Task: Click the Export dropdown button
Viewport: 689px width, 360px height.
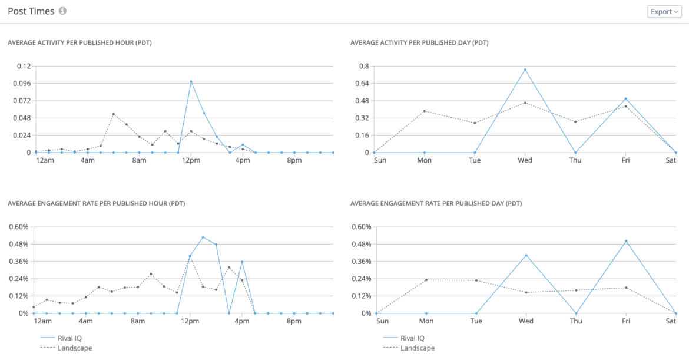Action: [x=664, y=12]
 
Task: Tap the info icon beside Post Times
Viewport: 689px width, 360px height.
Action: [x=63, y=11]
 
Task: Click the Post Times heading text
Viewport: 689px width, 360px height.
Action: [x=31, y=11]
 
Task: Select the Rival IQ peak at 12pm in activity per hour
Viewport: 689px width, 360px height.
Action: [x=191, y=81]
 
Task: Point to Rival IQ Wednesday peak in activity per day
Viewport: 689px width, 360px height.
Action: [x=525, y=70]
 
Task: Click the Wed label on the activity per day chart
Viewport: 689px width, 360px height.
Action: [x=525, y=161]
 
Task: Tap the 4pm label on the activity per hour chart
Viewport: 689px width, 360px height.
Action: [x=242, y=161]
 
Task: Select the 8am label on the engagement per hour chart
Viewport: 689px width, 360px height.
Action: [x=138, y=322]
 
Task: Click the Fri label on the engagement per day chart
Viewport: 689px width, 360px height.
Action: [x=626, y=322]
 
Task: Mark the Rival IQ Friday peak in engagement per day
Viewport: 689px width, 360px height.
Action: [x=626, y=241]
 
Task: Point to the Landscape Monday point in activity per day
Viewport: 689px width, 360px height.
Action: [x=424, y=111]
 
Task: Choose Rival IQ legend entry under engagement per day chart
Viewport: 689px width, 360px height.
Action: [x=412, y=338]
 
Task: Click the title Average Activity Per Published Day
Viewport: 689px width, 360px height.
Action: [x=419, y=42]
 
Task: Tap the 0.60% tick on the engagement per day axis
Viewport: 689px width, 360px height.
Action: [x=361, y=227]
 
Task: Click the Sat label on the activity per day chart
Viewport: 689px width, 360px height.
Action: [x=671, y=161]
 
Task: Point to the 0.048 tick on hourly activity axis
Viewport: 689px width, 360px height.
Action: [x=22, y=118]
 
